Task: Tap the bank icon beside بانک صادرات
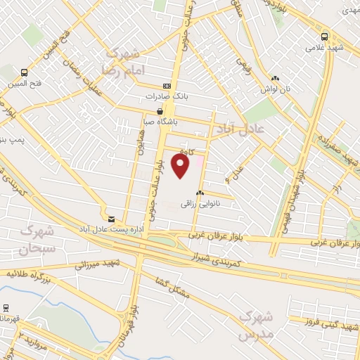[x=166, y=84]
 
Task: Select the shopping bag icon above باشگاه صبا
[x=160, y=111]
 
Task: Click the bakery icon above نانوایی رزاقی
[x=200, y=193]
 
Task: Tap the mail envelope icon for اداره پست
[x=111, y=219]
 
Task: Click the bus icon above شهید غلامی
[x=324, y=37]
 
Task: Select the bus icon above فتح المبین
[x=25, y=72]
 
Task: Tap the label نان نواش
[x=275, y=91]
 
